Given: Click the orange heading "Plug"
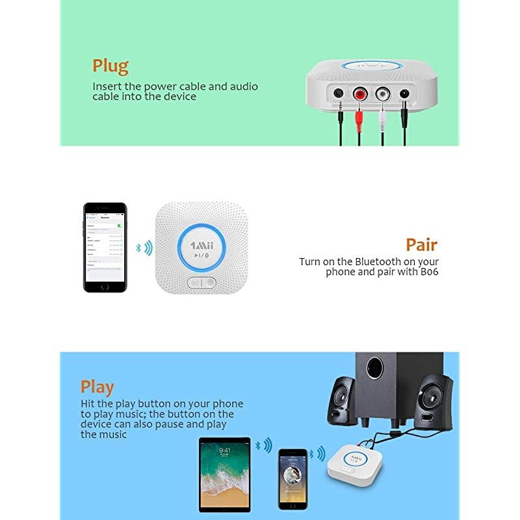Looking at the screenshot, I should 110,66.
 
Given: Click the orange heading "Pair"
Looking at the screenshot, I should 421,245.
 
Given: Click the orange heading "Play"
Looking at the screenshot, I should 97,387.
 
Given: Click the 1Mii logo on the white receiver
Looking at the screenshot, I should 201,245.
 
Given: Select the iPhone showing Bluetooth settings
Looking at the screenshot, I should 105,247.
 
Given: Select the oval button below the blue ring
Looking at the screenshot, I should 201,283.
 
